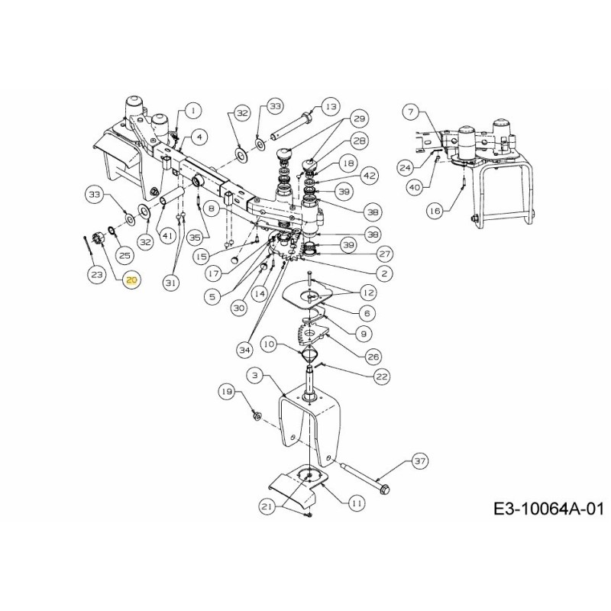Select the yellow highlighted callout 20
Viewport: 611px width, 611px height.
[131, 280]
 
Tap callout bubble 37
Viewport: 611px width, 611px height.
[420, 461]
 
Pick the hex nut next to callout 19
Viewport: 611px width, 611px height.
[257, 416]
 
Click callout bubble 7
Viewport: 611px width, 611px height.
[412, 112]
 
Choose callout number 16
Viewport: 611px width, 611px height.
[455, 210]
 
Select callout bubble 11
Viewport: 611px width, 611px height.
[357, 503]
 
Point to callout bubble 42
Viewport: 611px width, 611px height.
[370, 175]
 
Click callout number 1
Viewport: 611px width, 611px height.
[192, 110]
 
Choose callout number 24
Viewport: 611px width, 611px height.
[406, 166]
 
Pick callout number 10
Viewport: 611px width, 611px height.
[270, 344]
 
